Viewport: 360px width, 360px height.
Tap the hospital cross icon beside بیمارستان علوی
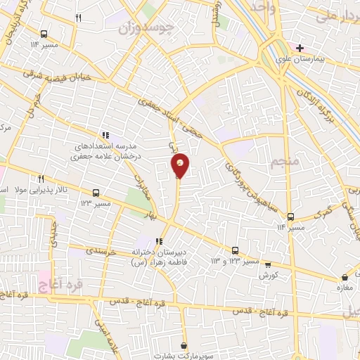[x=300, y=48]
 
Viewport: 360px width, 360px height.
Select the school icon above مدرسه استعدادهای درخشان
[x=105, y=134]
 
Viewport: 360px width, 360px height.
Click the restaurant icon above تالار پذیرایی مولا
[x=42, y=179]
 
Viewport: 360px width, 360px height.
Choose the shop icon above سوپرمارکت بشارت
[x=184, y=345]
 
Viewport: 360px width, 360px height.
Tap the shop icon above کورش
[x=265, y=264]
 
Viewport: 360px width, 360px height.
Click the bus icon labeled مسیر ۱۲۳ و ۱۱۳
[x=235, y=250]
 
